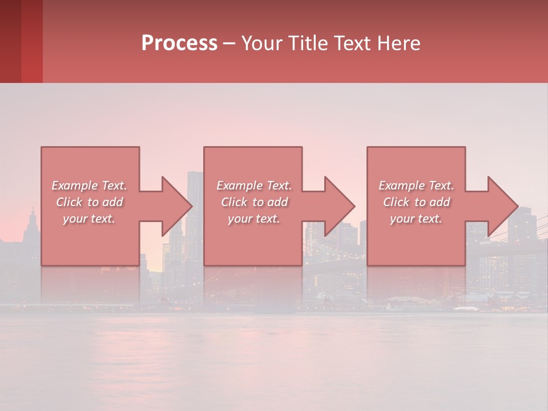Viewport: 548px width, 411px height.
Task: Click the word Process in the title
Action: point(179,43)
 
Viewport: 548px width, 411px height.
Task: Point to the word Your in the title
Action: point(263,43)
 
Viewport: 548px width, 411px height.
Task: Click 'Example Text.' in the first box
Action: point(89,186)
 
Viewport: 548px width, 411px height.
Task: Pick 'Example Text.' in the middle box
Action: point(254,186)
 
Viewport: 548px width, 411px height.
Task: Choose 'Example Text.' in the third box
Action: point(416,186)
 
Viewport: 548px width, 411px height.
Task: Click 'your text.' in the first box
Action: point(89,219)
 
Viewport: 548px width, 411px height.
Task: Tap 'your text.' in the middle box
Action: point(254,219)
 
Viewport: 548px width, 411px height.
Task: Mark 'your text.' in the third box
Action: point(416,219)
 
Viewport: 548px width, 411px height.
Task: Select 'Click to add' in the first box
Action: point(89,202)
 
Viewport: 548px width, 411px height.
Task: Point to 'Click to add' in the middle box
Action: point(254,202)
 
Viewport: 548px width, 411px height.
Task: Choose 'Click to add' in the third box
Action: point(416,202)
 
